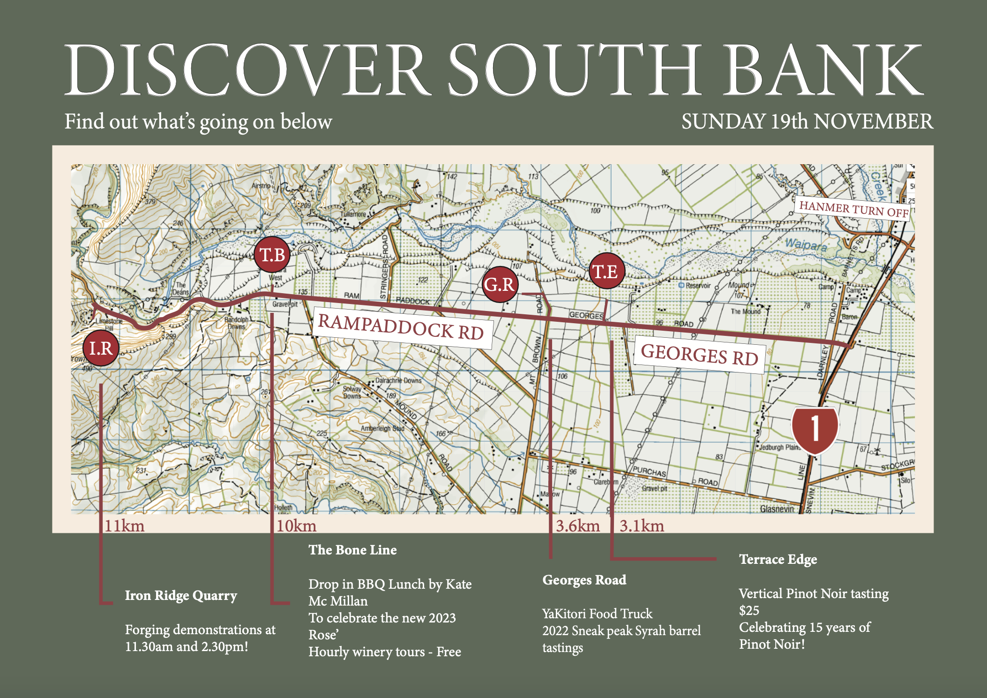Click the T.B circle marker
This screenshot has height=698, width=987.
click(x=272, y=255)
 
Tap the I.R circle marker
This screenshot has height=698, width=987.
click(x=101, y=348)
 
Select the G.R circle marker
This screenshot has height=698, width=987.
click(x=500, y=284)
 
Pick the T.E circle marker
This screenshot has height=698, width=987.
click(x=606, y=271)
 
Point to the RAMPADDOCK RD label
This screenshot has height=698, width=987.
click(x=402, y=327)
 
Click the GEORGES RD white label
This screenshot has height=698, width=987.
click(x=699, y=355)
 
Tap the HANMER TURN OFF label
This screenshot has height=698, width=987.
click(x=853, y=208)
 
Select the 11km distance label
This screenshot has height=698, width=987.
click(x=124, y=526)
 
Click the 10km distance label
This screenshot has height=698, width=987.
click(x=296, y=526)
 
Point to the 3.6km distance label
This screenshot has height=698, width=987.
click(x=578, y=526)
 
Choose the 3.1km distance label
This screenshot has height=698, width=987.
click(x=642, y=526)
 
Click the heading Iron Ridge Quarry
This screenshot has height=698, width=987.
click(x=181, y=595)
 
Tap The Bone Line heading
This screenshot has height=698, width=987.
click(x=352, y=550)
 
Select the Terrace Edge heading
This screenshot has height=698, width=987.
click(x=778, y=559)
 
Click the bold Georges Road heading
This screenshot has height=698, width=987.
click(x=584, y=580)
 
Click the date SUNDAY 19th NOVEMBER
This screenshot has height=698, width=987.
click(x=807, y=122)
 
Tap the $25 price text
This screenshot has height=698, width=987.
click(x=749, y=610)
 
